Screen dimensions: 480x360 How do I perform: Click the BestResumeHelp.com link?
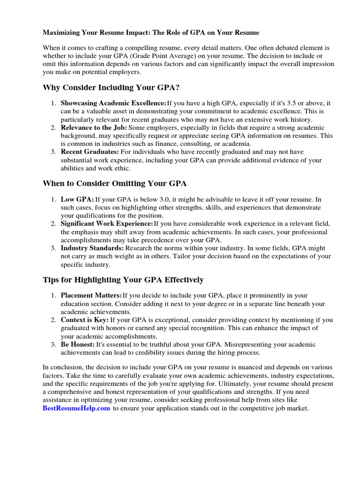[76, 408]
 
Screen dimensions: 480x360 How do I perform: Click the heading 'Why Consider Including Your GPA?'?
[111, 88]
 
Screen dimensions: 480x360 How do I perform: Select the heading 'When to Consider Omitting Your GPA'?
[115, 183]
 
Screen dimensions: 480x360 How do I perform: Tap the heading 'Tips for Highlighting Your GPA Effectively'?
[123, 280]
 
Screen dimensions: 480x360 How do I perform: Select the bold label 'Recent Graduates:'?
[90, 152]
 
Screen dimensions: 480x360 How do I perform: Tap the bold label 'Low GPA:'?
[77, 199]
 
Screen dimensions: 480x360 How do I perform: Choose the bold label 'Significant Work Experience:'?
[107, 224]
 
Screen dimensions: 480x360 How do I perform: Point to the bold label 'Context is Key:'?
[84, 320]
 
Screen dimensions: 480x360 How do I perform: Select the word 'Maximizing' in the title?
[61, 33]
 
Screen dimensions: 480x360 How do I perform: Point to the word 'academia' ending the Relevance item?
[237, 143]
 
